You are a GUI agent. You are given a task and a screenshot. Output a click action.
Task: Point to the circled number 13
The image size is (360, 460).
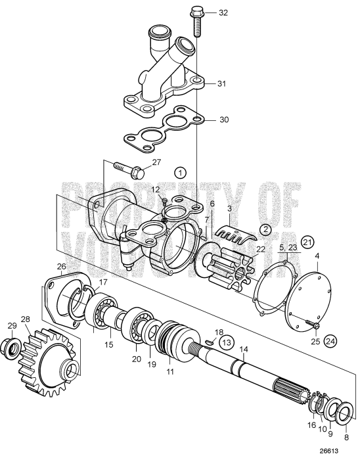pos(225,342)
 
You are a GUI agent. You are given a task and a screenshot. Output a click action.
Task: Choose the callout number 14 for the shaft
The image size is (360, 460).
pos(244,349)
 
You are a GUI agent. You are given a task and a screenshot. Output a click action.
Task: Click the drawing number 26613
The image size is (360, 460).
pos(336,451)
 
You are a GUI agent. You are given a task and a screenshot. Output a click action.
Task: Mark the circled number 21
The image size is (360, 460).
pos(308,240)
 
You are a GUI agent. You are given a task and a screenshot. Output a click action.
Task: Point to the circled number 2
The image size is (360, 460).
pos(265,229)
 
